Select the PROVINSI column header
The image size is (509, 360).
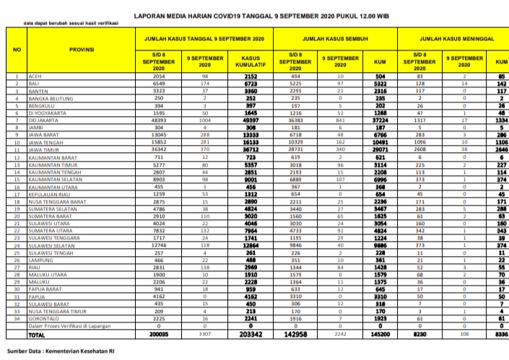(x=80, y=49)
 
